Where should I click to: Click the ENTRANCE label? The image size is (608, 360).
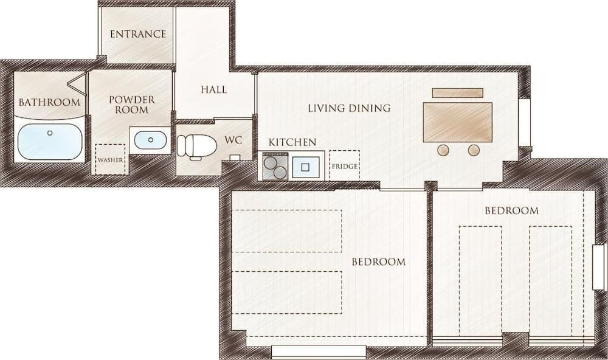[137, 34]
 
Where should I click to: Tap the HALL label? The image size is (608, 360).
[213, 89]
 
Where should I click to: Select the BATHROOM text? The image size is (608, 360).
[49, 102]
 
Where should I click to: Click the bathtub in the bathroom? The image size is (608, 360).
[49, 142]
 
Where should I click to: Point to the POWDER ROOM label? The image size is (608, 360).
[131, 104]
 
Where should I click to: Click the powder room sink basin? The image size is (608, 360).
[149, 140]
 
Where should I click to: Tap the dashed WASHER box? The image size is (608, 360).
[110, 159]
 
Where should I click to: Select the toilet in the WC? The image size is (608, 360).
[196, 147]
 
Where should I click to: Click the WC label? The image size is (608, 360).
[233, 140]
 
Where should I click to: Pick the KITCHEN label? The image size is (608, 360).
[292, 142]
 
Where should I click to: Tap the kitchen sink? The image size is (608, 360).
[306, 166]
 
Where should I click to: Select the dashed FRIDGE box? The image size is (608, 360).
[344, 165]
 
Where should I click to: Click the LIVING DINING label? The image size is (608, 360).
[348, 108]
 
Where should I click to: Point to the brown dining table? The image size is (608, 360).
[457, 122]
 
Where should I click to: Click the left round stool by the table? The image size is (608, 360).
[444, 150]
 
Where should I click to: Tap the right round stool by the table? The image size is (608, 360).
[474, 150]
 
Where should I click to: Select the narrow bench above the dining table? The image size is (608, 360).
[457, 93]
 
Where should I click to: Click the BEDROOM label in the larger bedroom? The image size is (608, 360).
[378, 262]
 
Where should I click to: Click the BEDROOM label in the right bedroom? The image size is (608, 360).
[511, 210]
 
